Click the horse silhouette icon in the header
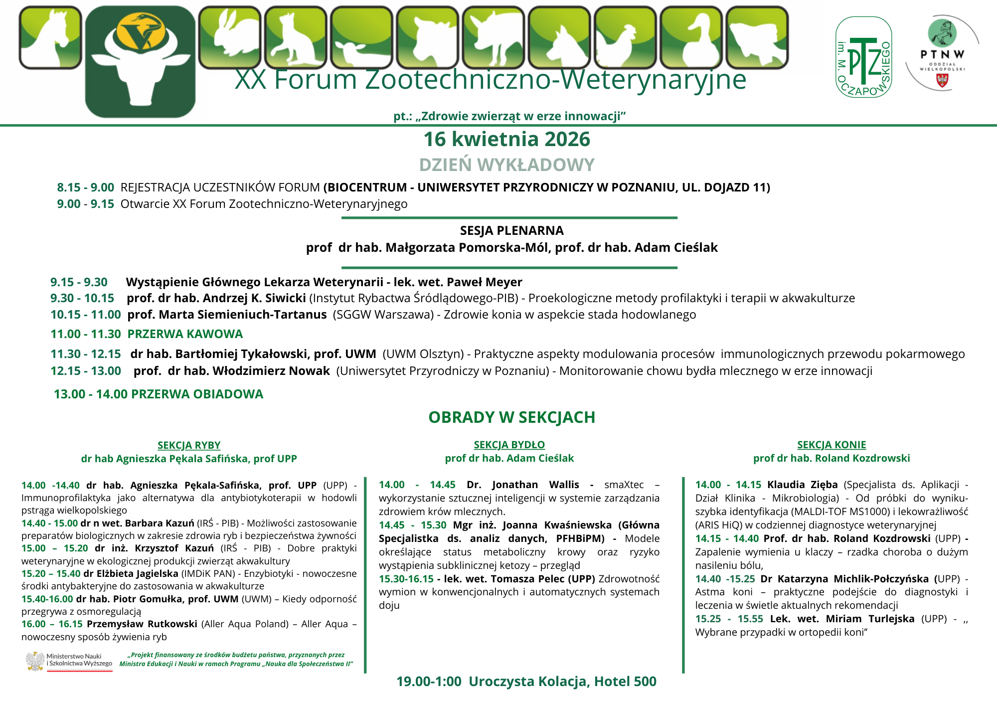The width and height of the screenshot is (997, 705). (x=50, y=37)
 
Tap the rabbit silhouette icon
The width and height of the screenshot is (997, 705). (x=230, y=37)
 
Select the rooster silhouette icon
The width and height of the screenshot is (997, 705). (x=625, y=38)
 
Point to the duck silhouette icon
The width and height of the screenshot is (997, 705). (x=691, y=38)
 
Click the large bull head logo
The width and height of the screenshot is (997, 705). (x=140, y=62)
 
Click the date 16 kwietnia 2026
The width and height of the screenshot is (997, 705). (x=506, y=140)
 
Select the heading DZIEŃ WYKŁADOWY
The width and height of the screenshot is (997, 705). (x=506, y=165)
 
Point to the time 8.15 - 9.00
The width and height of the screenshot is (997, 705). (x=85, y=187)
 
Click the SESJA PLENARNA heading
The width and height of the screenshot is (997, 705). (x=511, y=231)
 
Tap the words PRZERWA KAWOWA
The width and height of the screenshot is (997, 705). (x=185, y=334)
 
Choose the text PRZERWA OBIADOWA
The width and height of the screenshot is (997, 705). (x=197, y=394)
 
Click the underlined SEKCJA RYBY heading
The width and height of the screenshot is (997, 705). (x=189, y=445)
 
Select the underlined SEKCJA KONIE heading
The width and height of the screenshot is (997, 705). (x=831, y=445)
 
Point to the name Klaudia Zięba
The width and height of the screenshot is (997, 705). (x=802, y=485)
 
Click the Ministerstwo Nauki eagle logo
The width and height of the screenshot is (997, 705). (x=35, y=661)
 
